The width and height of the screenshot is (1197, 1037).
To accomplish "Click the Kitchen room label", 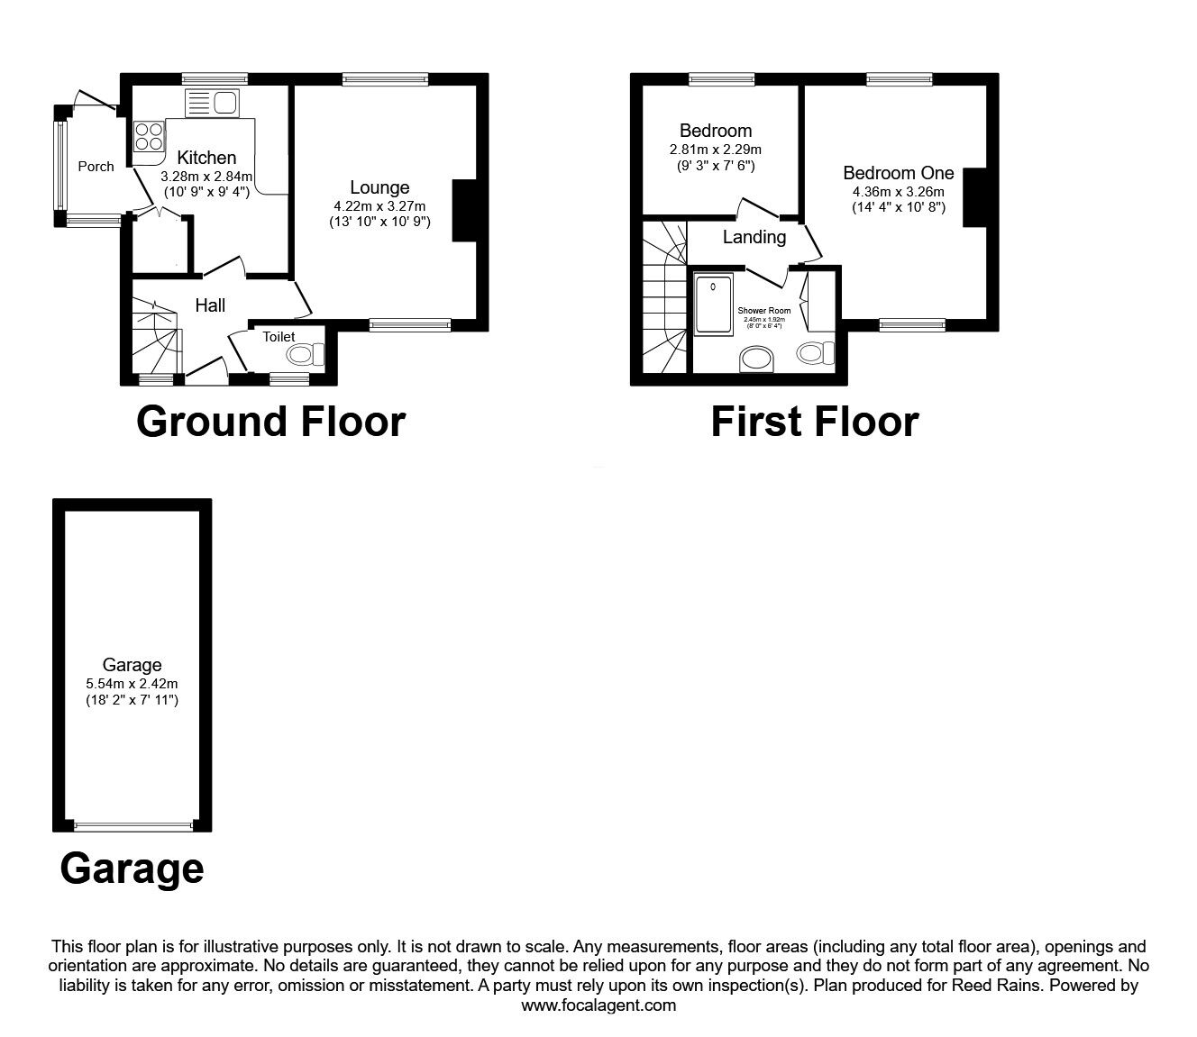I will [x=206, y=158].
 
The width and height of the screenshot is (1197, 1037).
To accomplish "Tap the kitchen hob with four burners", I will [x=149, y=136].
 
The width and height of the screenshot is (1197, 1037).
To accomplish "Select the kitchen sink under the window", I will [x=212, y=104].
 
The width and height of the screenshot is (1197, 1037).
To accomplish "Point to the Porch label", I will [x=96, y=166].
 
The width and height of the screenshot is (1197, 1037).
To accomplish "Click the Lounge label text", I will [x=379, y=187].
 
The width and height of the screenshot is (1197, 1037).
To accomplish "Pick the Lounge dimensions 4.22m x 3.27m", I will [x=379, y=206].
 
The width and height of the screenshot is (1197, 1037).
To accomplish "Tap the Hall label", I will [x=210, y=305].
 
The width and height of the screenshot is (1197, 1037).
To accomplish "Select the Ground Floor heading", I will [x=270, y=422].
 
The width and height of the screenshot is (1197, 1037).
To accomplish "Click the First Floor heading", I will [x=814, y=422].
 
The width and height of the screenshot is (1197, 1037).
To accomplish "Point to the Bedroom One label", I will [x=898, y=173].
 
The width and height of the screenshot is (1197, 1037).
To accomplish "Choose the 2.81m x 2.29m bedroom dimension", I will [x=716, y=150].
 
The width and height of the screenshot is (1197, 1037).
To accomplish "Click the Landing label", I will [x=754, y=237].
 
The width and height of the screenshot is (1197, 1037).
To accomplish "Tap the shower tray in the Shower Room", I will [x=714, y=305].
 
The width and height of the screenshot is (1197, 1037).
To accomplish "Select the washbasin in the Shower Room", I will [x=756, y=361].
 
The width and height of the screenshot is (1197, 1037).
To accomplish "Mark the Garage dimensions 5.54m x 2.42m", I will [x=132, y=684].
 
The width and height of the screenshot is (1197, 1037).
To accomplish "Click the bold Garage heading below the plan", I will [x=132, y=869].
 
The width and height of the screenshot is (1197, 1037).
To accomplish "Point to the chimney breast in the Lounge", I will [x=464, y=211].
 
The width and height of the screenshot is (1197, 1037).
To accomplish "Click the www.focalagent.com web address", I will [x=598, y=1005].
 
